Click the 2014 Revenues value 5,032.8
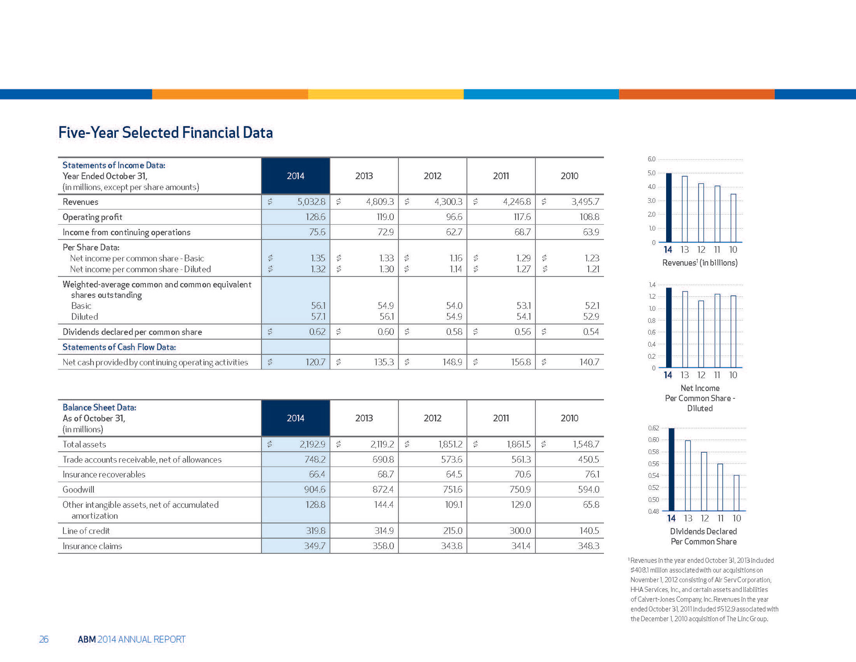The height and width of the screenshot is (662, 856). [x=311, y=202]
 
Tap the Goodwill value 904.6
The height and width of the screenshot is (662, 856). [x=314, y=489]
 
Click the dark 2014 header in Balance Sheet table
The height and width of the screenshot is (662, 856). [x=296, y=418]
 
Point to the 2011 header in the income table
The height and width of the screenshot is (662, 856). [x=501, y=176]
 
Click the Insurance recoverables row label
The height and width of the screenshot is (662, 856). [x=104, y=474]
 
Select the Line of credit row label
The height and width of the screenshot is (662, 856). [x=86, y=531]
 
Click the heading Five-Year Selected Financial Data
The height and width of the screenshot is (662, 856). [x=165, y=132]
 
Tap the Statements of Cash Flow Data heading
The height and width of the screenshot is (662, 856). [x=119, y=347]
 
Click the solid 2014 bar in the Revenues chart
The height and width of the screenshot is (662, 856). [x=668, y=207]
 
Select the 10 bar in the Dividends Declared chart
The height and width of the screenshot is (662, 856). [x=737, y=493]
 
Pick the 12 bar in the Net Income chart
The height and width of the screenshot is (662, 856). [x=701, y=334]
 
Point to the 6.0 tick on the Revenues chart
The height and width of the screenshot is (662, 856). [x=651, y=159]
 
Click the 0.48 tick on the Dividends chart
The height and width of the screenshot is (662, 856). [x=653, y=511]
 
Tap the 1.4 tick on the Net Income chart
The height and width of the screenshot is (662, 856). [x=652, y=285]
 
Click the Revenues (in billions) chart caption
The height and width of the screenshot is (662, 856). [x=700, y=263]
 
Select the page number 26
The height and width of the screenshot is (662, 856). [x=44, y=639]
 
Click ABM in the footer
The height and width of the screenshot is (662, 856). [x=86, y=639]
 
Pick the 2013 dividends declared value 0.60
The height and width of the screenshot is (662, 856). [x=386, y=332]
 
